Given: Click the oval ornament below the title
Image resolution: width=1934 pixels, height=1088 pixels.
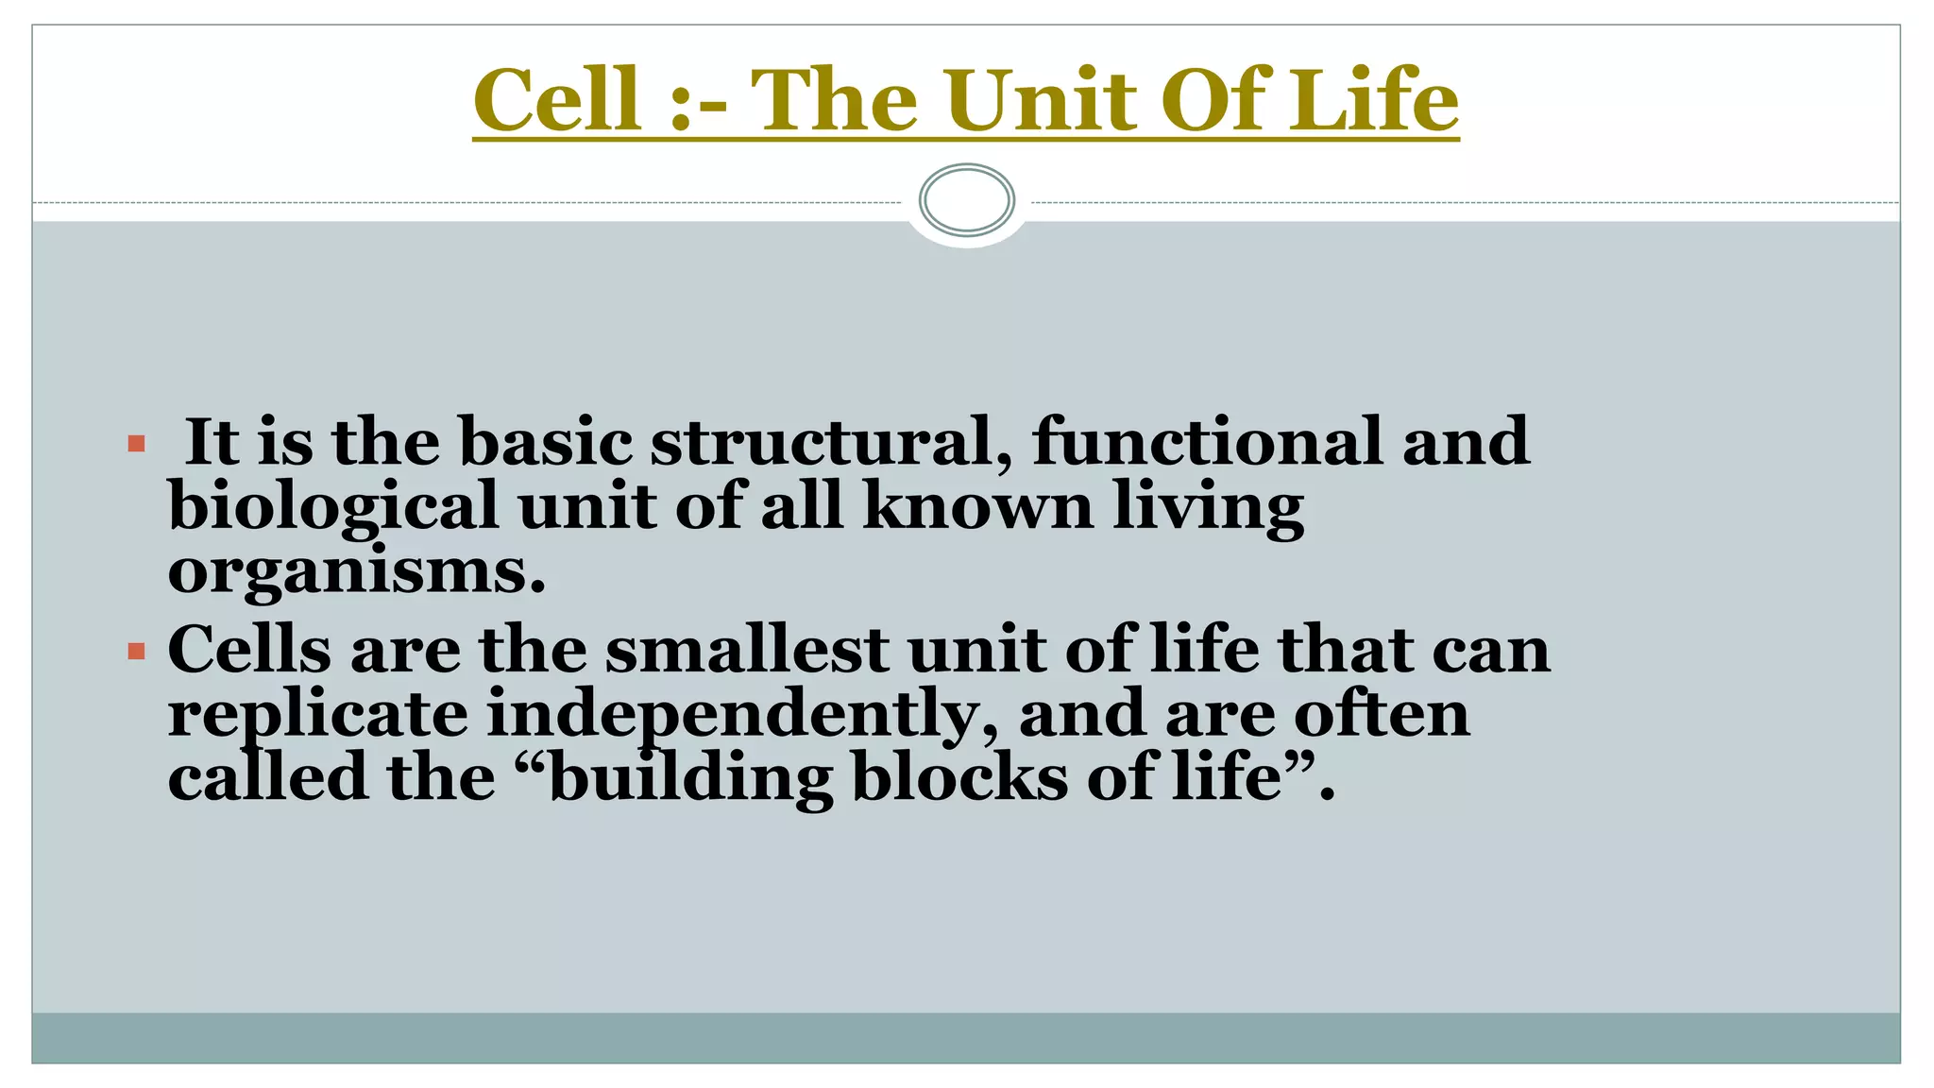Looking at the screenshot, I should [x=966, y=200].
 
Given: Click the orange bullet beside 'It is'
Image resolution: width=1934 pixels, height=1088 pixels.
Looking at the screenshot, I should [x=136, y=443].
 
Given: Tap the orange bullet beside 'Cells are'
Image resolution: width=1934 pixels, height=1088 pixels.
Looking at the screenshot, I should [x=136, y=651].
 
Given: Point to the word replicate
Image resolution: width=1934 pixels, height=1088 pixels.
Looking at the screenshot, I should [x=317, y=714].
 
